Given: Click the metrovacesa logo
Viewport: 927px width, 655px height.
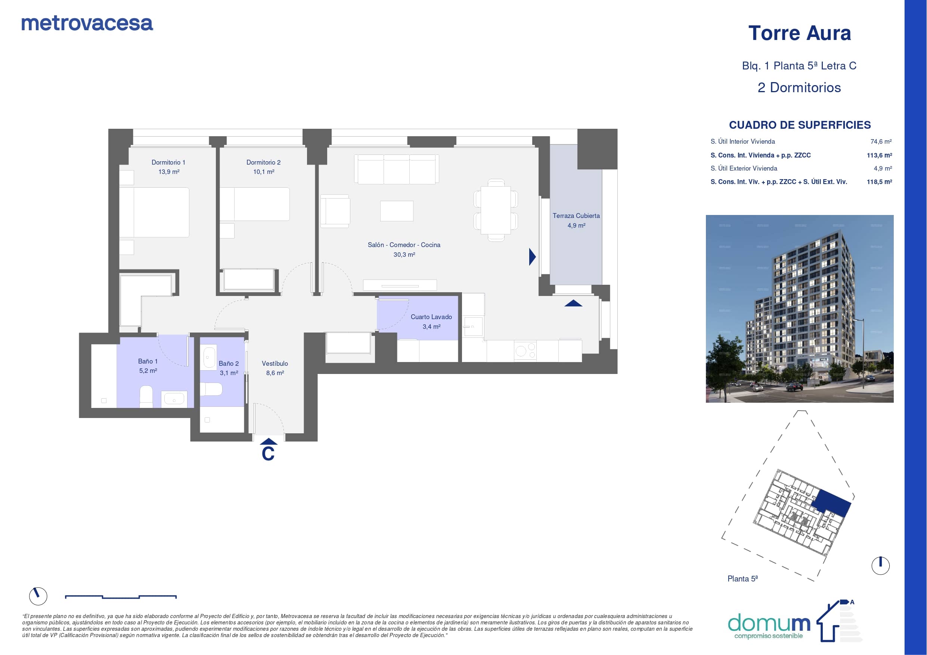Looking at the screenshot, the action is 87,24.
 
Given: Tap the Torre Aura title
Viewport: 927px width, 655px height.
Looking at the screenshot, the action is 799,33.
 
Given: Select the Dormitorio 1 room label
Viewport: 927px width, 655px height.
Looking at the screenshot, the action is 168,162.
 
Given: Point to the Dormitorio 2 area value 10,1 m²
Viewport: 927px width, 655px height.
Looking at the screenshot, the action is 264,172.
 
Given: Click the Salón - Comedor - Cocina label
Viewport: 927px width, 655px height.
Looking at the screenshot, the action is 404,245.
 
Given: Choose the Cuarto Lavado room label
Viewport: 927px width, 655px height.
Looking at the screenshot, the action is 431,317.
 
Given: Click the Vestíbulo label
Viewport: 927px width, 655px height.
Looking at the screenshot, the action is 275,364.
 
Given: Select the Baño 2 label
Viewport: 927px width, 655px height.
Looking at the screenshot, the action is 229,364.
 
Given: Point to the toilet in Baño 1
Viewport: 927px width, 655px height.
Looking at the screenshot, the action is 146,397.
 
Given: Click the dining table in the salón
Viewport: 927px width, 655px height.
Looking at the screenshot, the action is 496,210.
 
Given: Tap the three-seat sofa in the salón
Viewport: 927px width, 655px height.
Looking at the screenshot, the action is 397,169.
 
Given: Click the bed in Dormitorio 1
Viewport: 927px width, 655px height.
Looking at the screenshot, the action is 154,212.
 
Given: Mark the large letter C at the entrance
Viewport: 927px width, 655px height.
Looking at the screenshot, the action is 268,453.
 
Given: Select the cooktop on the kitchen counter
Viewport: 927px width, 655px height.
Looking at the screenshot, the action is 525,351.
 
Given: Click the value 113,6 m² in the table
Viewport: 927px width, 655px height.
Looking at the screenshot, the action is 879,155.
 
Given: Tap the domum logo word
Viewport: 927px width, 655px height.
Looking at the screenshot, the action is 769,624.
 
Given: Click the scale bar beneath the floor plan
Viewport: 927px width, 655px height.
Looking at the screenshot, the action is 121,596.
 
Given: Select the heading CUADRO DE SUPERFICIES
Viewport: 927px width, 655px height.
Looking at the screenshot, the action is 800,125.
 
